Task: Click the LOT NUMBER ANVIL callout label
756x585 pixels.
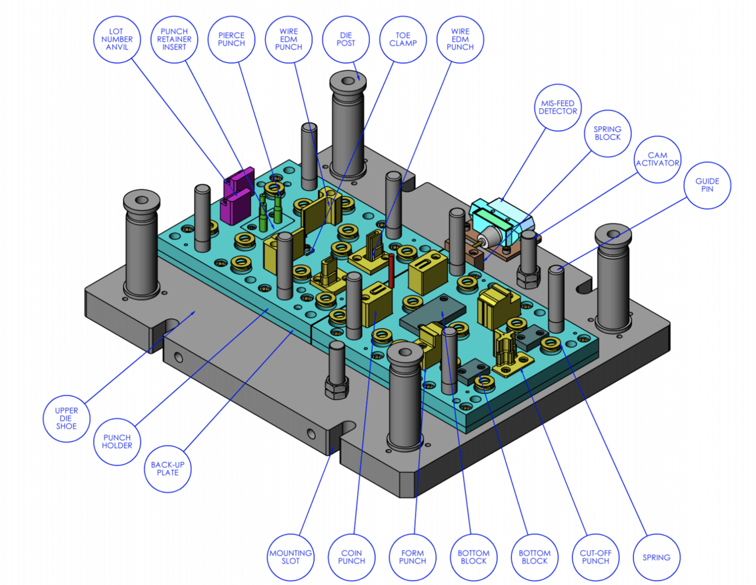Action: point(117,40)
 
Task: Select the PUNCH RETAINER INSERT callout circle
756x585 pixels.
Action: point(174,40)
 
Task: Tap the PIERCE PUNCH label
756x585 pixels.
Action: point(231,40)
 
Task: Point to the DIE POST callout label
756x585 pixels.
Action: point(345,40)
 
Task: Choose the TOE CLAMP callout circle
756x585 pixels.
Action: point(402,40)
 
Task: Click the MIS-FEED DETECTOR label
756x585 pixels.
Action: point(557,108)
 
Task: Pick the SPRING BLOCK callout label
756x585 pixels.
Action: point(607,133)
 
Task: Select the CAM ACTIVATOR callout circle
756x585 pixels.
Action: point(657,159)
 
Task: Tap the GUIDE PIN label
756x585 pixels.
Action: point(707,185)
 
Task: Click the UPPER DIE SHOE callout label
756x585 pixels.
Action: point(66,419)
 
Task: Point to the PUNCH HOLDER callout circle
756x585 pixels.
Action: point(117,442)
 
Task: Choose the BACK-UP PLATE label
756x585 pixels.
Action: point(167,469)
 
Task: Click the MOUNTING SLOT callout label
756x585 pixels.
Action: point(290,557)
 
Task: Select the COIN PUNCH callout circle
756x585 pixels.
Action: point(351,557)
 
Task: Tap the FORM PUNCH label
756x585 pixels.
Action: point(412,557)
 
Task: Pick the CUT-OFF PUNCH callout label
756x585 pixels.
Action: point(595,557)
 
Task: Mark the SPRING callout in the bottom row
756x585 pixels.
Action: point(657,557)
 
